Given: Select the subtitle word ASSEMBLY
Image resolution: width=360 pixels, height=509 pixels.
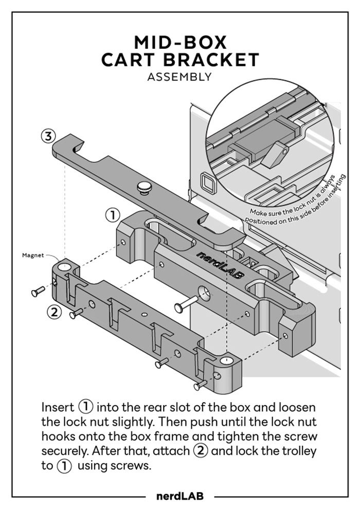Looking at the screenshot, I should [179, 77].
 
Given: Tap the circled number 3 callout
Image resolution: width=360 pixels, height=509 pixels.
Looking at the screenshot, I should [48, 136].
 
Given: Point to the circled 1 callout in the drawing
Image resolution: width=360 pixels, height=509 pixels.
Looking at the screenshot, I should [113, 214].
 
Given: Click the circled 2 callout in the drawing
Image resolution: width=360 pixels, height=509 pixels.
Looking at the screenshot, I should [55, 312].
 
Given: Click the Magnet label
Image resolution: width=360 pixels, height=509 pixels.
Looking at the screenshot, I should [32, 254].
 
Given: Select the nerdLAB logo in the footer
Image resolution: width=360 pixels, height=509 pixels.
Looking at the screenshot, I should [179, 496].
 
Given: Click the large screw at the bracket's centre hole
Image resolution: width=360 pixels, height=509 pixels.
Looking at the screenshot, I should [186, 304].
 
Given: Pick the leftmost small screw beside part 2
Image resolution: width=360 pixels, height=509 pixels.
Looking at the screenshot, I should [39, 292].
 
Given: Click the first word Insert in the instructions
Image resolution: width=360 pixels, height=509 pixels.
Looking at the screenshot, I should [58, 407].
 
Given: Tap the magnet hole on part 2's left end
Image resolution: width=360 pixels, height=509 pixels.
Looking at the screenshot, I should [63, 267].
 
